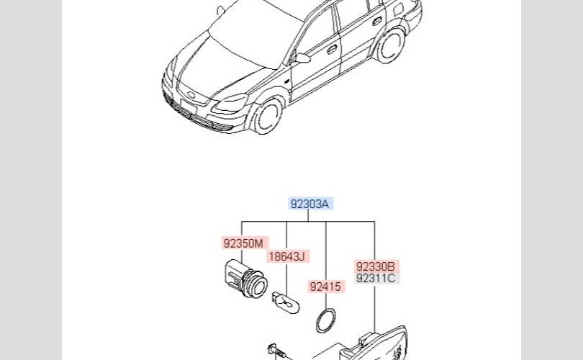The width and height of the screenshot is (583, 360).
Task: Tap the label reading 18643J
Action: tap(286, 256)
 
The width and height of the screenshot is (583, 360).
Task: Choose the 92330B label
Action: tap(376, 266)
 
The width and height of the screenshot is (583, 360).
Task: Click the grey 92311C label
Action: tap(376, 278)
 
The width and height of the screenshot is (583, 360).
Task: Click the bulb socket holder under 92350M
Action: tap(243, 276)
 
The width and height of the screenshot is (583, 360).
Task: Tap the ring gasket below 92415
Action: tap(326, 320)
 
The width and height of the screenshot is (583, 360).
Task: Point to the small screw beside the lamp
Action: tap(276, 351)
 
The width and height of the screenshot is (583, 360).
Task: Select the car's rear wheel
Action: tap(390, 45)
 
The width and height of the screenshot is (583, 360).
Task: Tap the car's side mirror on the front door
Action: tap(302, 58)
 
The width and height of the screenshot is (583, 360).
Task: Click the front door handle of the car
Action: tap(332, 50)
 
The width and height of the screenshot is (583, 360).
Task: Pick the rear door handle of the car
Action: tap(376, 22)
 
